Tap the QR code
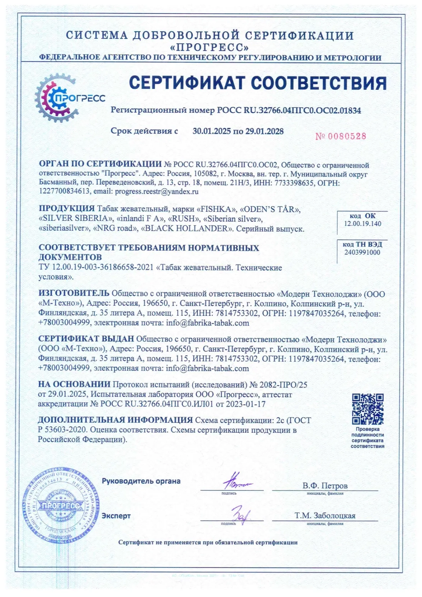(368, 409)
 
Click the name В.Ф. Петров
(325, 486)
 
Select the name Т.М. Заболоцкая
(325, 516)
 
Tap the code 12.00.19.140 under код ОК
(363, 224)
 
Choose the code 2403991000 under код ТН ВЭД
(362, 252)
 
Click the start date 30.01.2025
(212, 131)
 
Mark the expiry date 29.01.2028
(264, 131)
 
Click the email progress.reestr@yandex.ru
(157, 191)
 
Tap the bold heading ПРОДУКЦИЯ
(66, 209)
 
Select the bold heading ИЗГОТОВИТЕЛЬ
(74, 294)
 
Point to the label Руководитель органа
(141, 481)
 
